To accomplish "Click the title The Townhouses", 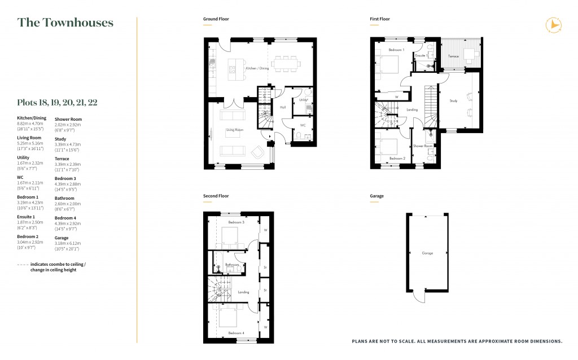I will (65, 23).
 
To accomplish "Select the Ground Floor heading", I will (216, 19).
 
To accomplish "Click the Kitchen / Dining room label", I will (257, 68).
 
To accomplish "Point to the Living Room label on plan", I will (234, 130).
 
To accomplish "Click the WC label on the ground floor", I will (303, 125).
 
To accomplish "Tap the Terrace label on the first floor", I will (453, 56).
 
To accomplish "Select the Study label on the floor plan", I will (453, 101).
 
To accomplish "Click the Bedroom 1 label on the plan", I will (396, 50).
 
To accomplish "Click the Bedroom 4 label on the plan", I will (236, 333).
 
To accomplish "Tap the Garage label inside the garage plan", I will (427, 253).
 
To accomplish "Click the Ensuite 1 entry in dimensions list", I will (27, 217).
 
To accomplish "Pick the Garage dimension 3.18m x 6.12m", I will (67, 243).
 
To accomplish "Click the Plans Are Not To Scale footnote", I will (457, 341).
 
